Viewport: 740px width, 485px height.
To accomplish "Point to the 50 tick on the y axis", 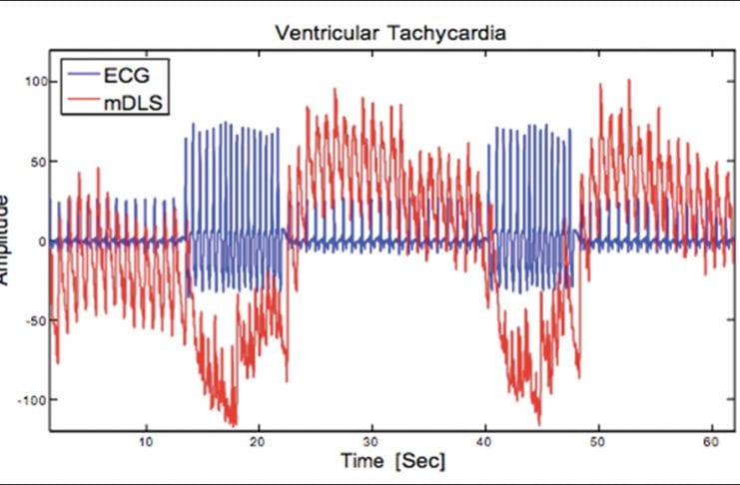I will [x=37, y=161].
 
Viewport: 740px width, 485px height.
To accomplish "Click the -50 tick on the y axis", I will [x=35, y=320].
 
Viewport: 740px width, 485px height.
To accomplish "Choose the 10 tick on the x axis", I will [x=146, y=440].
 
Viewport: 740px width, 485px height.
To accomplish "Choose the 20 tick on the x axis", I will [x=259, y=440].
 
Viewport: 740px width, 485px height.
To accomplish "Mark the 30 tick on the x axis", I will [x=371, y=440].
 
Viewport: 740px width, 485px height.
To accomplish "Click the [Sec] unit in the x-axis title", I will [x=421, y=461].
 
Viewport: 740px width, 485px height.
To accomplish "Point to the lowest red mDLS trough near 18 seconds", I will [x=233, y=424].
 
